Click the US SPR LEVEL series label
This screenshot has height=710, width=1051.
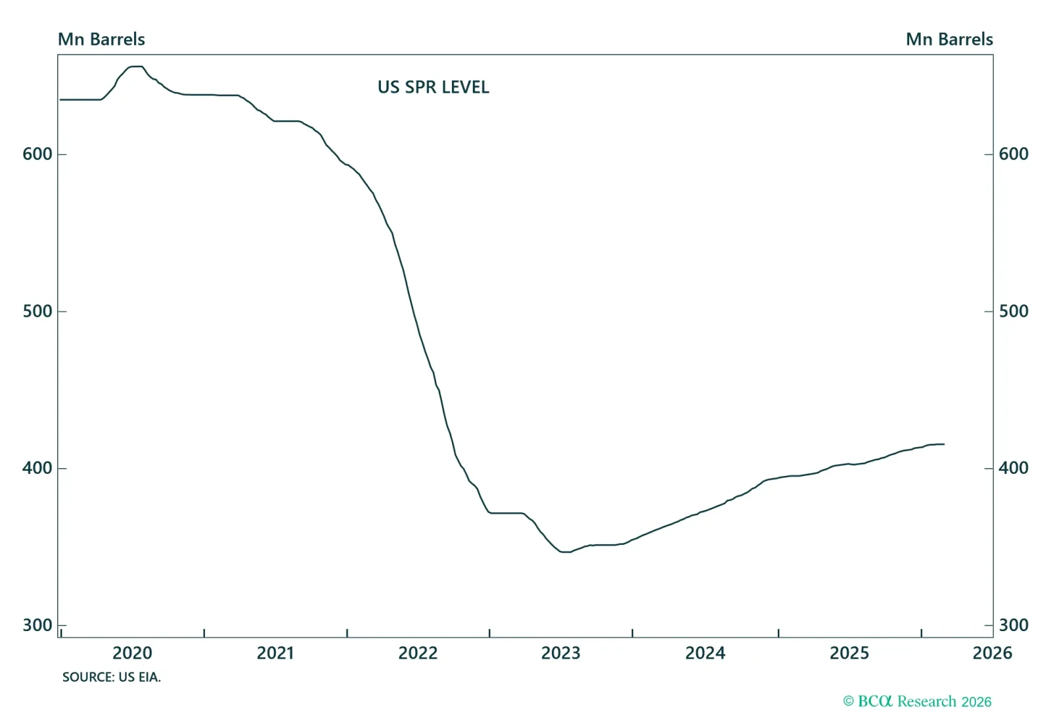434,87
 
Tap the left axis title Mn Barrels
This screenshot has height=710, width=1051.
101,39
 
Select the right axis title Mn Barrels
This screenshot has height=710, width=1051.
949,39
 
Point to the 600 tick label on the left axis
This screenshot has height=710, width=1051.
37,154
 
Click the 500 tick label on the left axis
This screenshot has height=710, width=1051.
37,311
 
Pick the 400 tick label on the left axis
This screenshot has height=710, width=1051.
37,468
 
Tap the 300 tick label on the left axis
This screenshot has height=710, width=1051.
37,625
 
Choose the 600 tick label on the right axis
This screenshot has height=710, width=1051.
1014,154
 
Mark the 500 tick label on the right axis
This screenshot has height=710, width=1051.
1014,311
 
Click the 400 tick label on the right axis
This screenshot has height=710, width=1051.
1014,468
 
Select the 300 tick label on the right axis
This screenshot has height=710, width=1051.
1014,625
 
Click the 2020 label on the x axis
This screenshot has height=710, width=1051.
132,653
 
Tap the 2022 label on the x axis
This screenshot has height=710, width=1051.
418,653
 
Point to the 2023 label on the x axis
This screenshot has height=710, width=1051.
561,653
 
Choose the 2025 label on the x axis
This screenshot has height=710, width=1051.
849,653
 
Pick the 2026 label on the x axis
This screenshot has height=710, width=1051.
992,653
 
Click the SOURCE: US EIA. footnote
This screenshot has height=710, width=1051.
112,677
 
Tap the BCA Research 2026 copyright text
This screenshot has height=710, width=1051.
918,701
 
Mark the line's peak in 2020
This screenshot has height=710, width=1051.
136,66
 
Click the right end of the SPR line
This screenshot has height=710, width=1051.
944,444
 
